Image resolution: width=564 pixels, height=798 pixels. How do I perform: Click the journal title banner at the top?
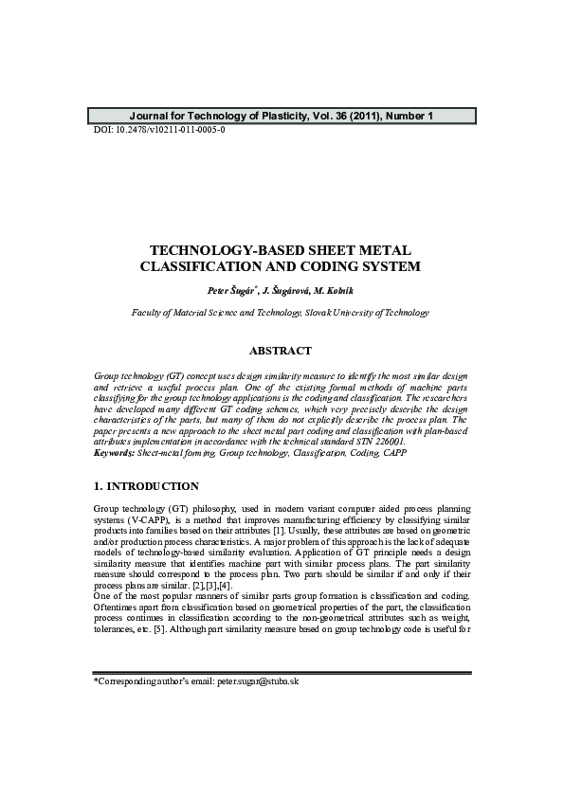click(282, 117)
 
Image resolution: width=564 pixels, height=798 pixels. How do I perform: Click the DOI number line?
click(159, 129)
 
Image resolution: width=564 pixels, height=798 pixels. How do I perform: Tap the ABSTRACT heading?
click(281, 351)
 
